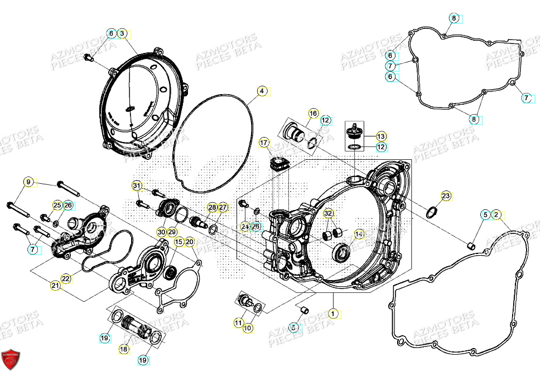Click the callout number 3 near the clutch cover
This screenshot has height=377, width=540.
click(x=123, y=34)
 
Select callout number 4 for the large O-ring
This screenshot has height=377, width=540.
click(x=262, y=91)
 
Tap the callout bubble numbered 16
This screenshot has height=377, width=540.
click(x=313, y=114)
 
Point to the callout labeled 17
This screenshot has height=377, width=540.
click(x=264, y=143)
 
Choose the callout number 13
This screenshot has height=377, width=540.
click(x=380, y=136)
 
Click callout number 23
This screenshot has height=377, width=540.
click(x=446, y=195)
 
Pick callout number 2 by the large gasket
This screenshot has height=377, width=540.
click(x=496, y=214)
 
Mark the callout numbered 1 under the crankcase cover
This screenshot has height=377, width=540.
click(x=333, y=314)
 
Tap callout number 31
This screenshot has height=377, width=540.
click(x=137, y=185)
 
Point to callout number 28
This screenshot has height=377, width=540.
click(x=212, y=208)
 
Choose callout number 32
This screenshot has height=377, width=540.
click(x=329, y=214)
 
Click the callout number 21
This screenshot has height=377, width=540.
click(x=55, y=286)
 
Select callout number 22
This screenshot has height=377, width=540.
click(x=66, y=278)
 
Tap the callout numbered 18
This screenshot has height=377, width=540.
click(x=124, y=349)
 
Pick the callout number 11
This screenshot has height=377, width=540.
click(x=238, y=322)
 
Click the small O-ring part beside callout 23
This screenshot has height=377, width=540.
click(x=431, y=212)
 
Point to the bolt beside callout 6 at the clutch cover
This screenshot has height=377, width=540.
click(x=88, y=57)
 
